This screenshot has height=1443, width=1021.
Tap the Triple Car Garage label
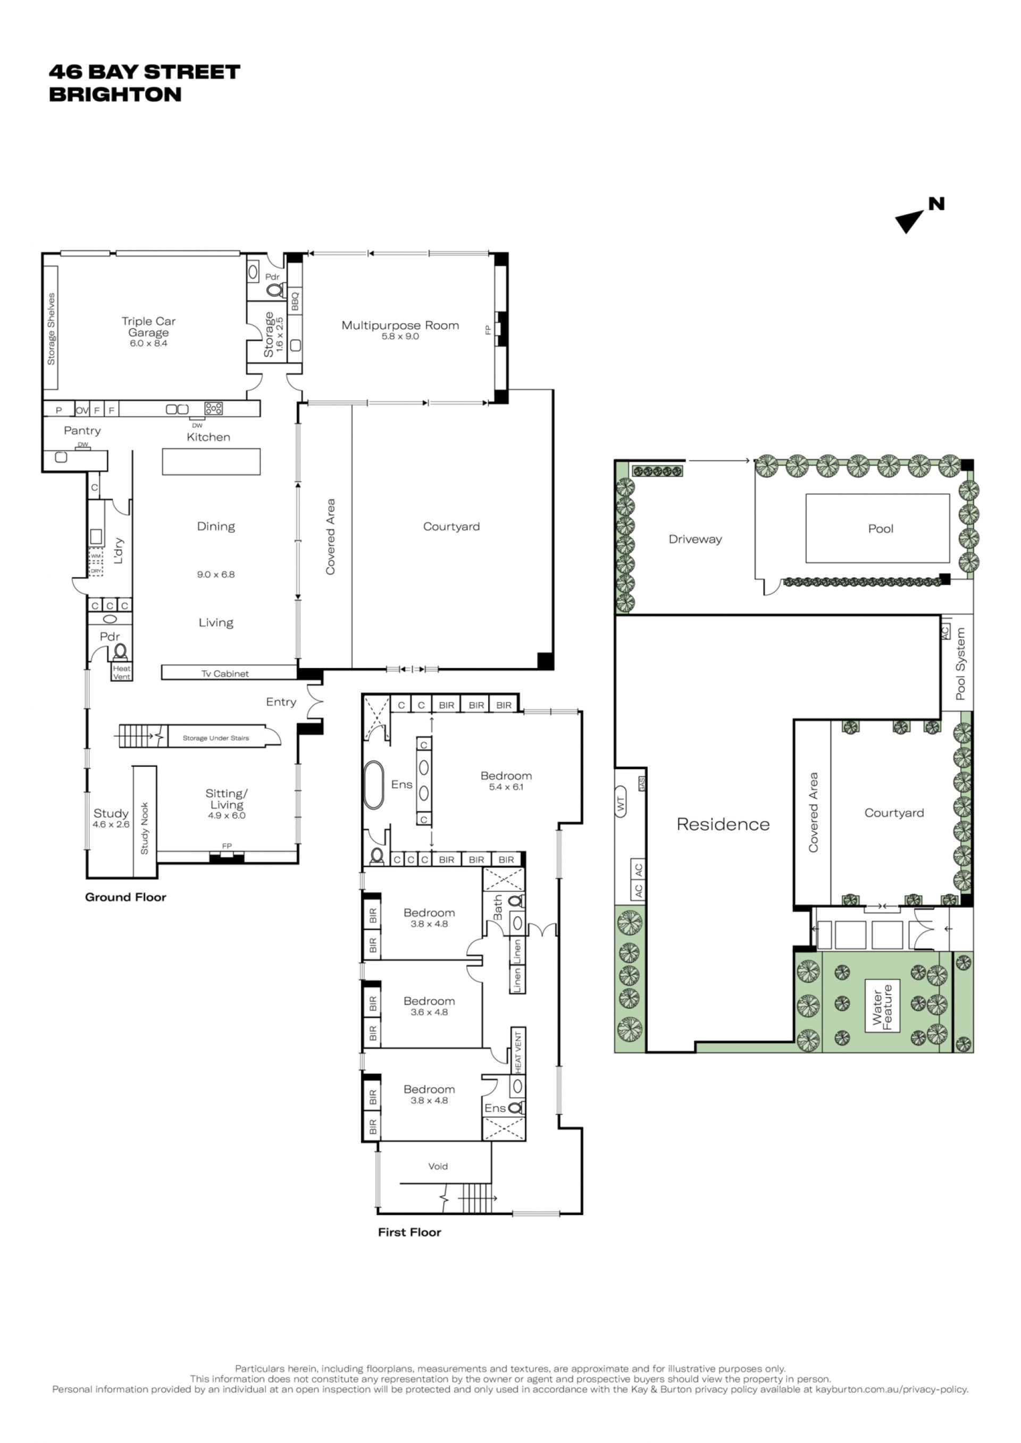[148, 327]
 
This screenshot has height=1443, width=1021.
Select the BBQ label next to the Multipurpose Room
[295, 300]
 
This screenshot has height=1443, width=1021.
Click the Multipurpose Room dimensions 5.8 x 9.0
[400, 337]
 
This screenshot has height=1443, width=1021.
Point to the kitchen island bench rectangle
[211, 461]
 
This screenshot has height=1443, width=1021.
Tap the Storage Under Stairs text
[216, 738]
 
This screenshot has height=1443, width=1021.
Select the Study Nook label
[145, 829]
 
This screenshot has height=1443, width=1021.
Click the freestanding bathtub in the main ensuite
[373, 785]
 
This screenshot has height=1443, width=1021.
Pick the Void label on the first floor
[438, 1167]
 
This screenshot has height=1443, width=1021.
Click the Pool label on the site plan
[880, 528]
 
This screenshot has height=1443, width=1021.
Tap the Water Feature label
[882, 1007]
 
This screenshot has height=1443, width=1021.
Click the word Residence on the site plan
[723, 824]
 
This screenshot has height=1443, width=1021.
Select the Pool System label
[960, 664]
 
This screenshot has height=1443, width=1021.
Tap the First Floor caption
[409, 1233]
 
